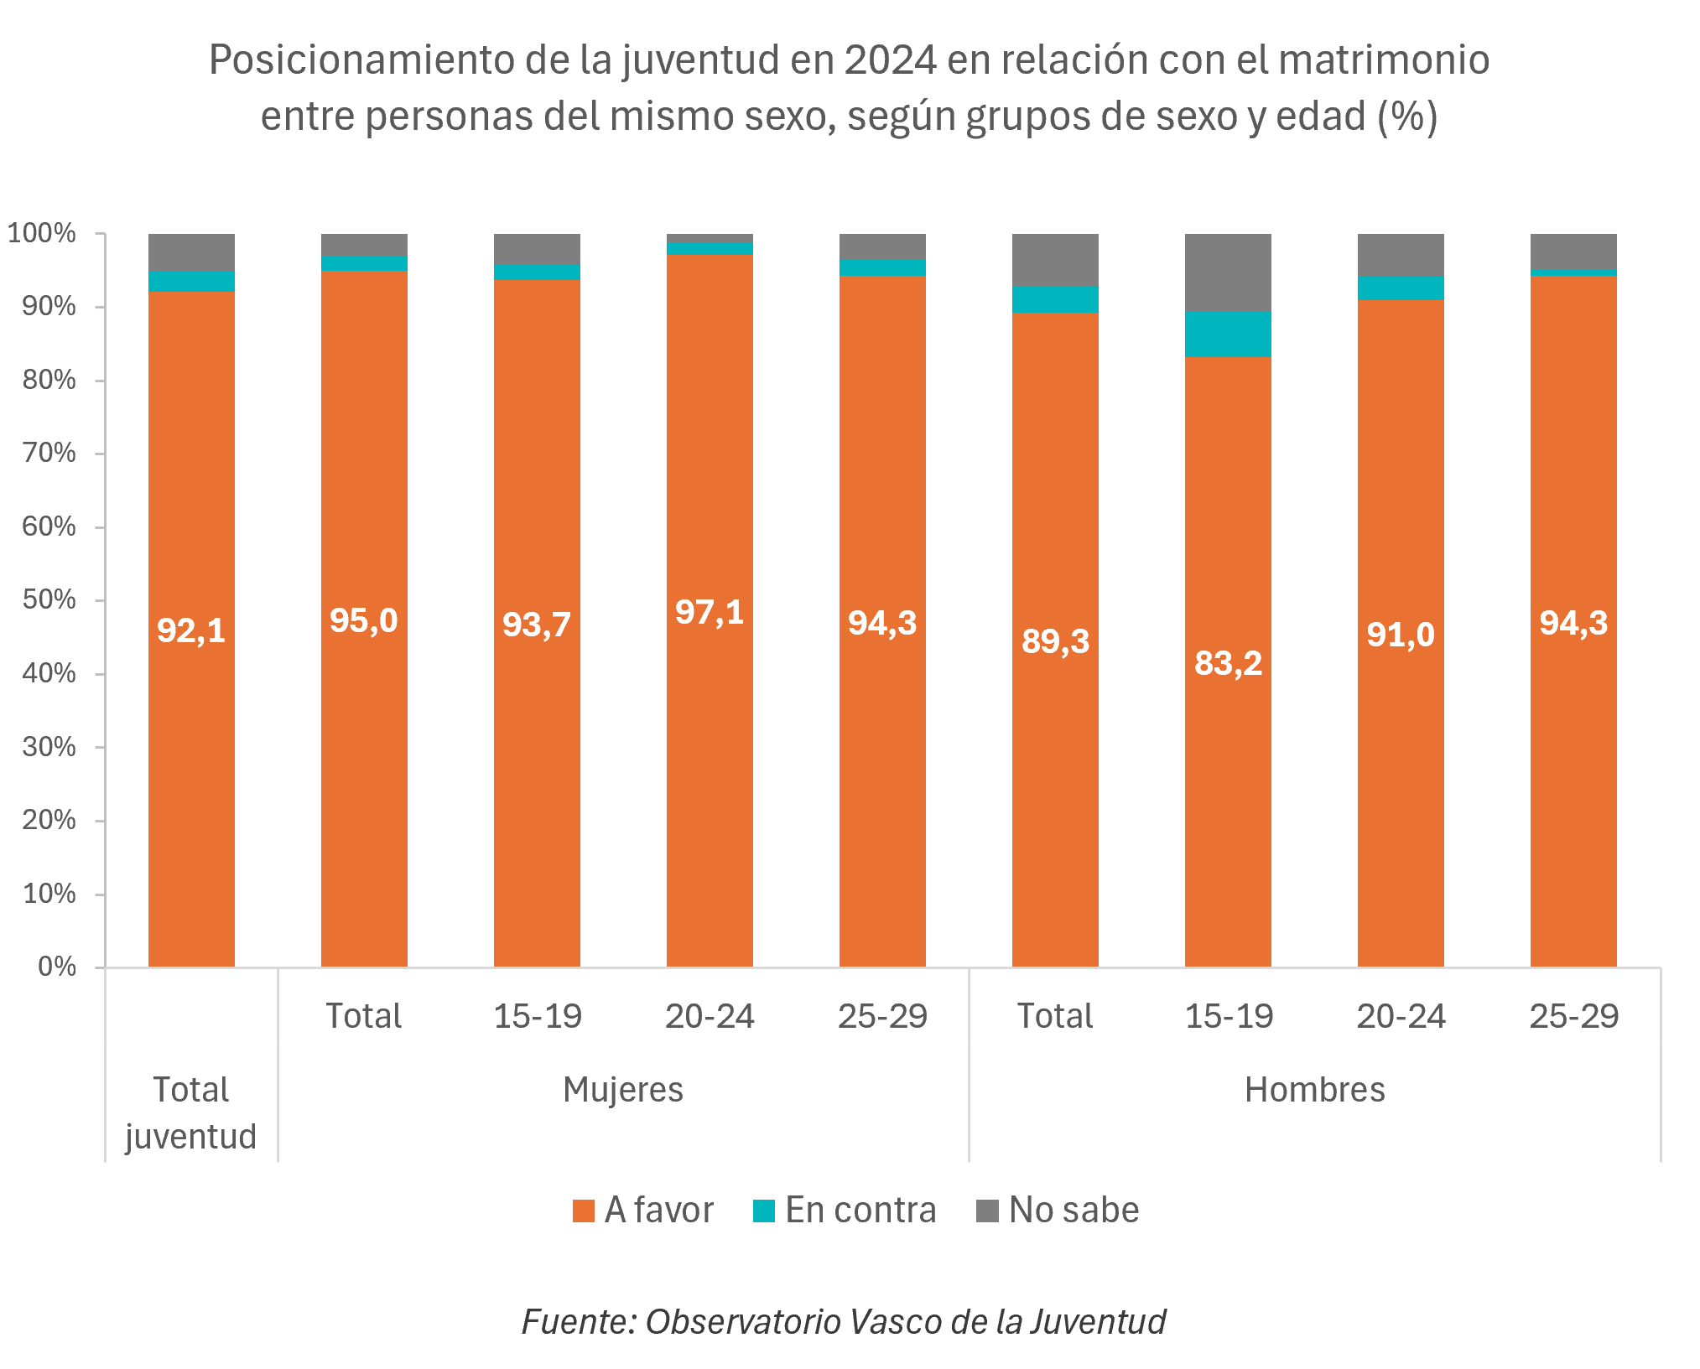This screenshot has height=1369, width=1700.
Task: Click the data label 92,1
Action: point(191,630)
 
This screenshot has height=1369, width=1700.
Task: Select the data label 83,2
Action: point(1228,663)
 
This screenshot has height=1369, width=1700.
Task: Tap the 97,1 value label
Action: point(710,612)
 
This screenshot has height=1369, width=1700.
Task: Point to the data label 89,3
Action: point(1055,641)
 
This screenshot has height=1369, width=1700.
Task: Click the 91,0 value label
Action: point(1401,635)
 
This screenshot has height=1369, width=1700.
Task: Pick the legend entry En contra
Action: point(845,1211)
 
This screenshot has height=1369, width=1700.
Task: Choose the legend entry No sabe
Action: point(1058,1211)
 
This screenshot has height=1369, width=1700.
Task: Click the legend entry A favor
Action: point(643,1211)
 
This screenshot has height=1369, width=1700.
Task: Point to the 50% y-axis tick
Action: point(49,600)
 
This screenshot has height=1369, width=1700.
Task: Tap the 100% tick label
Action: point(42,233)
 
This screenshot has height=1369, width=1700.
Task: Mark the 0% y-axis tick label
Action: point(57,967)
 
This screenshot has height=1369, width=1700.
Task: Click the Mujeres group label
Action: point(623,1090)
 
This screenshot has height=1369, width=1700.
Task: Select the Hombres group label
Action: point(1314,1090)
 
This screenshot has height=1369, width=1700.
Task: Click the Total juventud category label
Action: point(191,1113)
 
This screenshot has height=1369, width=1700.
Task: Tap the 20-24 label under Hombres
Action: point(1401,1016)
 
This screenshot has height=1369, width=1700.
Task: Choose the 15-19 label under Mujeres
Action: point(537,1016)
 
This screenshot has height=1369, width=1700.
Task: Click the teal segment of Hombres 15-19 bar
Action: point(1228,334)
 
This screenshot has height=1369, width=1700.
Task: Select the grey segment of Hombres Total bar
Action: point(1055,260)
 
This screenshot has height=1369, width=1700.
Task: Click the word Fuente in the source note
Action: point(579,1322)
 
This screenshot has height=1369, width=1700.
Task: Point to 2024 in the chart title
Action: point(890,60)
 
